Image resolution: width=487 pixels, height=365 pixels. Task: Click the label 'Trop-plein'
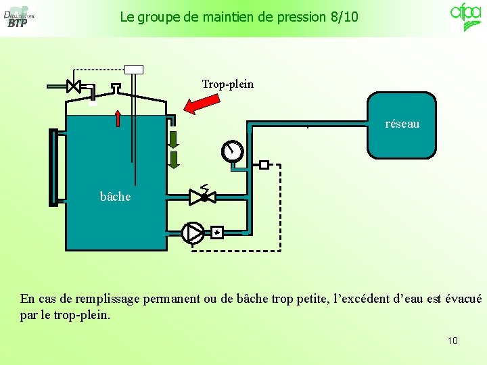[x=228, y=84]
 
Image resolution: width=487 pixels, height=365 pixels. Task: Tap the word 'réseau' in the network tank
[x=402, y=124]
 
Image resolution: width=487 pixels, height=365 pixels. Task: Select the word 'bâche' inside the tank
[x=115, y=197]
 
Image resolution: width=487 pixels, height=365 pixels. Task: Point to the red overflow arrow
[x=202, y=104]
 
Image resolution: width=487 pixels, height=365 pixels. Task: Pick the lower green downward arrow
[x=174, y=160]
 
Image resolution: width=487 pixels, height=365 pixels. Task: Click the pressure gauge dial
[x=232, y=151]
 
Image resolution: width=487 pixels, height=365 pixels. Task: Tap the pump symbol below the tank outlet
[x=192, y=233]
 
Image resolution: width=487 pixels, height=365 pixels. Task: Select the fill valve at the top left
[x=74, y=86]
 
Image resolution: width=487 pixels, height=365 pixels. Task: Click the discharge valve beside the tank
[x=202, y=197]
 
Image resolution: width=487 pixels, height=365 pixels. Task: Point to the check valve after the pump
[x=216, y=233]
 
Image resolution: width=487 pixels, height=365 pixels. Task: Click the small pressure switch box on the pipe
[x=264, y=164]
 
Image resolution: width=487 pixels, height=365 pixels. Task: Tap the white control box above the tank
[x=134, y=68]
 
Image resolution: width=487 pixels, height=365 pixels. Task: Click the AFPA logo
[x=466, y=16]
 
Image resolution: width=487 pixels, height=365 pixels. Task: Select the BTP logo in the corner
[x=18, y=18]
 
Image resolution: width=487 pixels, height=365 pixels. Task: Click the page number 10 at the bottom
[x=453, y=341]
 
